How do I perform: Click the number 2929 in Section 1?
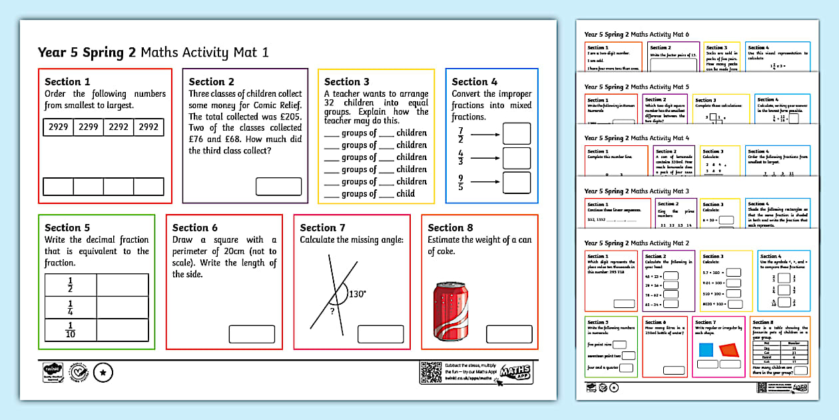[58, 127]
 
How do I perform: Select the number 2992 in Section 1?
[148, 127]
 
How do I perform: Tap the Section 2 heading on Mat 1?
[212, 82]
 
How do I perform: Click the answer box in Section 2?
[278, 186]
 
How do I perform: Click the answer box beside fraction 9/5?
[516, 183]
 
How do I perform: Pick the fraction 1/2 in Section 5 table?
[71, 286]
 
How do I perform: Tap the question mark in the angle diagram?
[333, 309]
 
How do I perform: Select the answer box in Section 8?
[509, 334]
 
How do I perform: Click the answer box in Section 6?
[252, 334]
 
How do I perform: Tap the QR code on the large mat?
[430, 373]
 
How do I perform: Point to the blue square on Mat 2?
[706, 350]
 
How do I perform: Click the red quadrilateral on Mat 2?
[729, 350]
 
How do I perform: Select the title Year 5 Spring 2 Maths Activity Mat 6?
[637, 35]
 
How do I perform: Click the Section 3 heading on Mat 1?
[347, 82]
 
